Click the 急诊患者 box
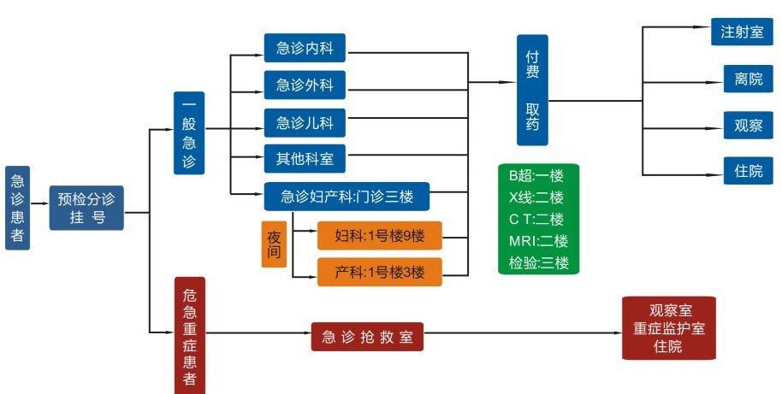click(17, 208)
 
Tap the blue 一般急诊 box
click(189, 132)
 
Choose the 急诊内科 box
click(305, 48)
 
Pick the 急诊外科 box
click(305, 85)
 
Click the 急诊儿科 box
click(305, 122)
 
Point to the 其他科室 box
click(305, 158)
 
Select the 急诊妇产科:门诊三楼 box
click(347, 197)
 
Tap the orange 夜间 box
click(274, 244)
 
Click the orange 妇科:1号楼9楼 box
click(379, 235)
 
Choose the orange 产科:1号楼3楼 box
click(379, 272)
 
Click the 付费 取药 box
click(532, 89)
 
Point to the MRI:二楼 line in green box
click(538, 241)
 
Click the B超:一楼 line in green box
click(538, 176)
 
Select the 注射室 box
click(742, 32)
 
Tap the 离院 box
click(742, 79)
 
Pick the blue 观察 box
click(742, 124)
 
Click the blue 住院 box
click(742, 170)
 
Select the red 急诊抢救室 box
click(367, 337)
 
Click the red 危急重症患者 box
click(189, 336)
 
